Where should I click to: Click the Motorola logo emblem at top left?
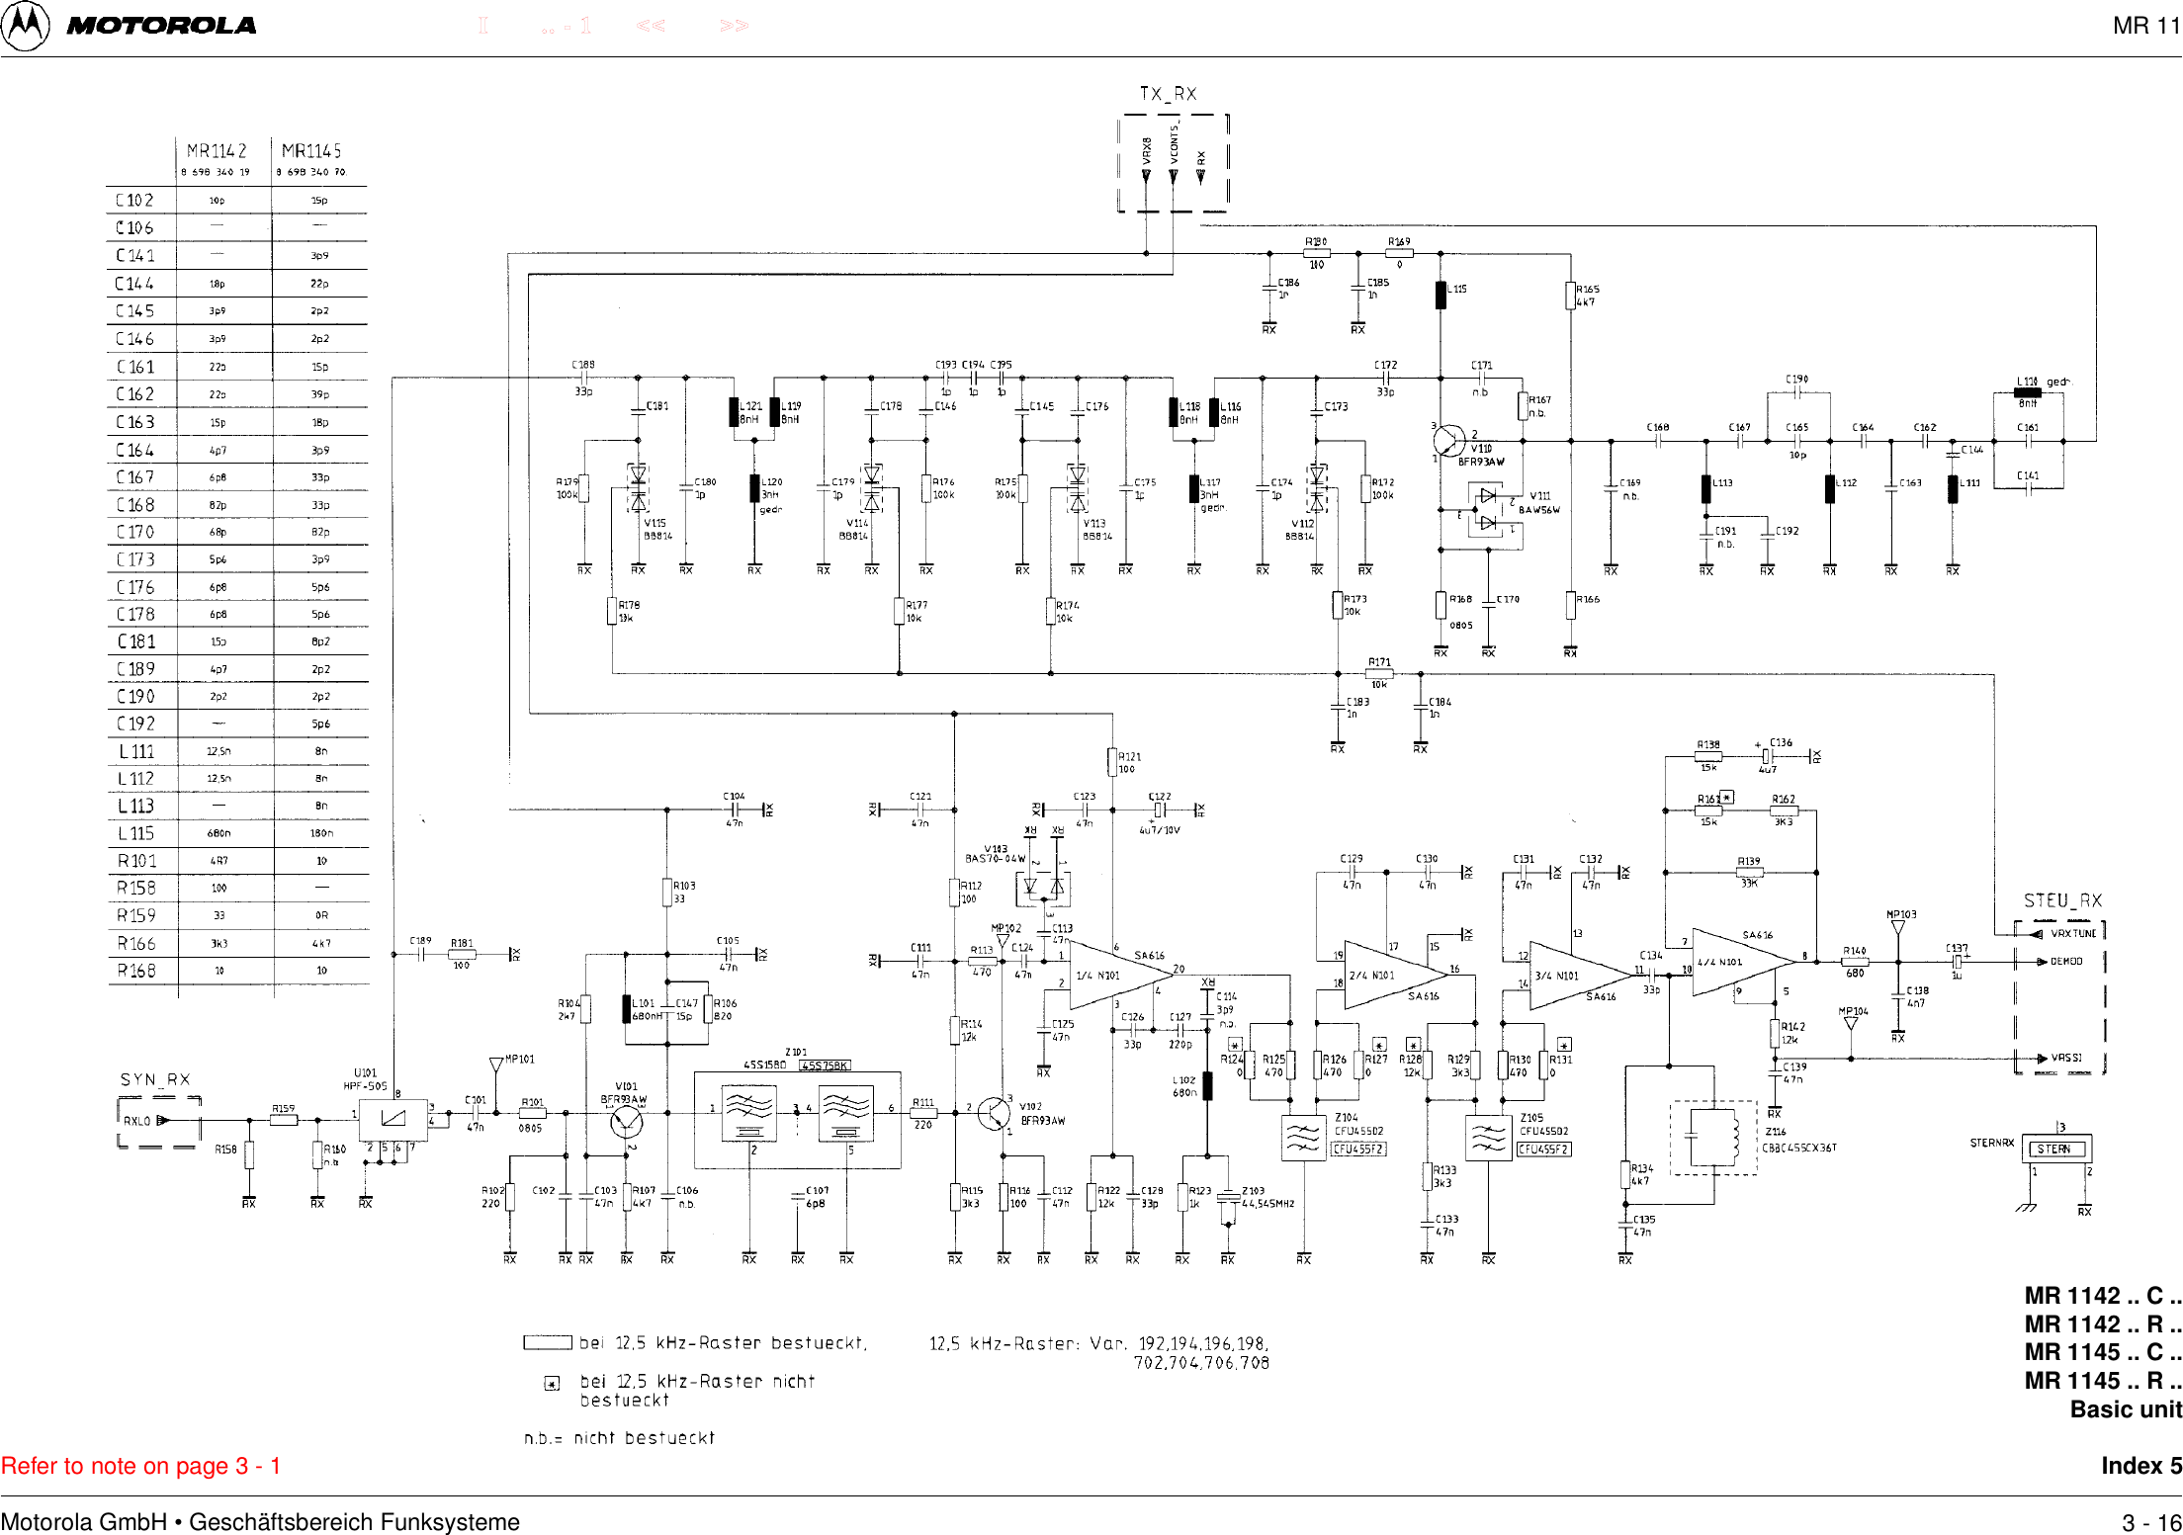pyautogui.click(x=25, y=26)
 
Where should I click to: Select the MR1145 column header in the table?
pyautogui.click(x=311, y=151)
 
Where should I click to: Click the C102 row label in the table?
pyautogui.click(x=135, y=200)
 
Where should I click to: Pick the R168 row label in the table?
pyautogui.click(x=136, y=971)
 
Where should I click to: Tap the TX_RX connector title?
pyautogui.click(x=1168, y=94)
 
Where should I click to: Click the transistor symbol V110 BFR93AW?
pyautogui.click(x=1449, y=441)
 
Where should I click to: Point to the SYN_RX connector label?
pyautogui.click(x=155, y=1079)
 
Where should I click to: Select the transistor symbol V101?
pyautogui.click(x=627, y=1122)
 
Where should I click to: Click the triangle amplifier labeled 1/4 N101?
pyautogui.click(x=1107, y=975)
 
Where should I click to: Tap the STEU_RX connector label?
pyautogui.click(x=2062, y=900)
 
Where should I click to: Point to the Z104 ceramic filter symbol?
pyautogui.click(x=1303, y=1139)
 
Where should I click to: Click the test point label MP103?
pyautogui.click(x=1900, y=914)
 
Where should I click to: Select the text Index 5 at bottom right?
pyautogui.click(x=2140, y=1466)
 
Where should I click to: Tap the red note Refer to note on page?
pyautogui.click(x=140, y=1466)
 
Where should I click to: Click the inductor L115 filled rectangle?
pyautogui.click(x=1441, y=295)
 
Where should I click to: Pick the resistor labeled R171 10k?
pyautogui.click(x=1379, y=673)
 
